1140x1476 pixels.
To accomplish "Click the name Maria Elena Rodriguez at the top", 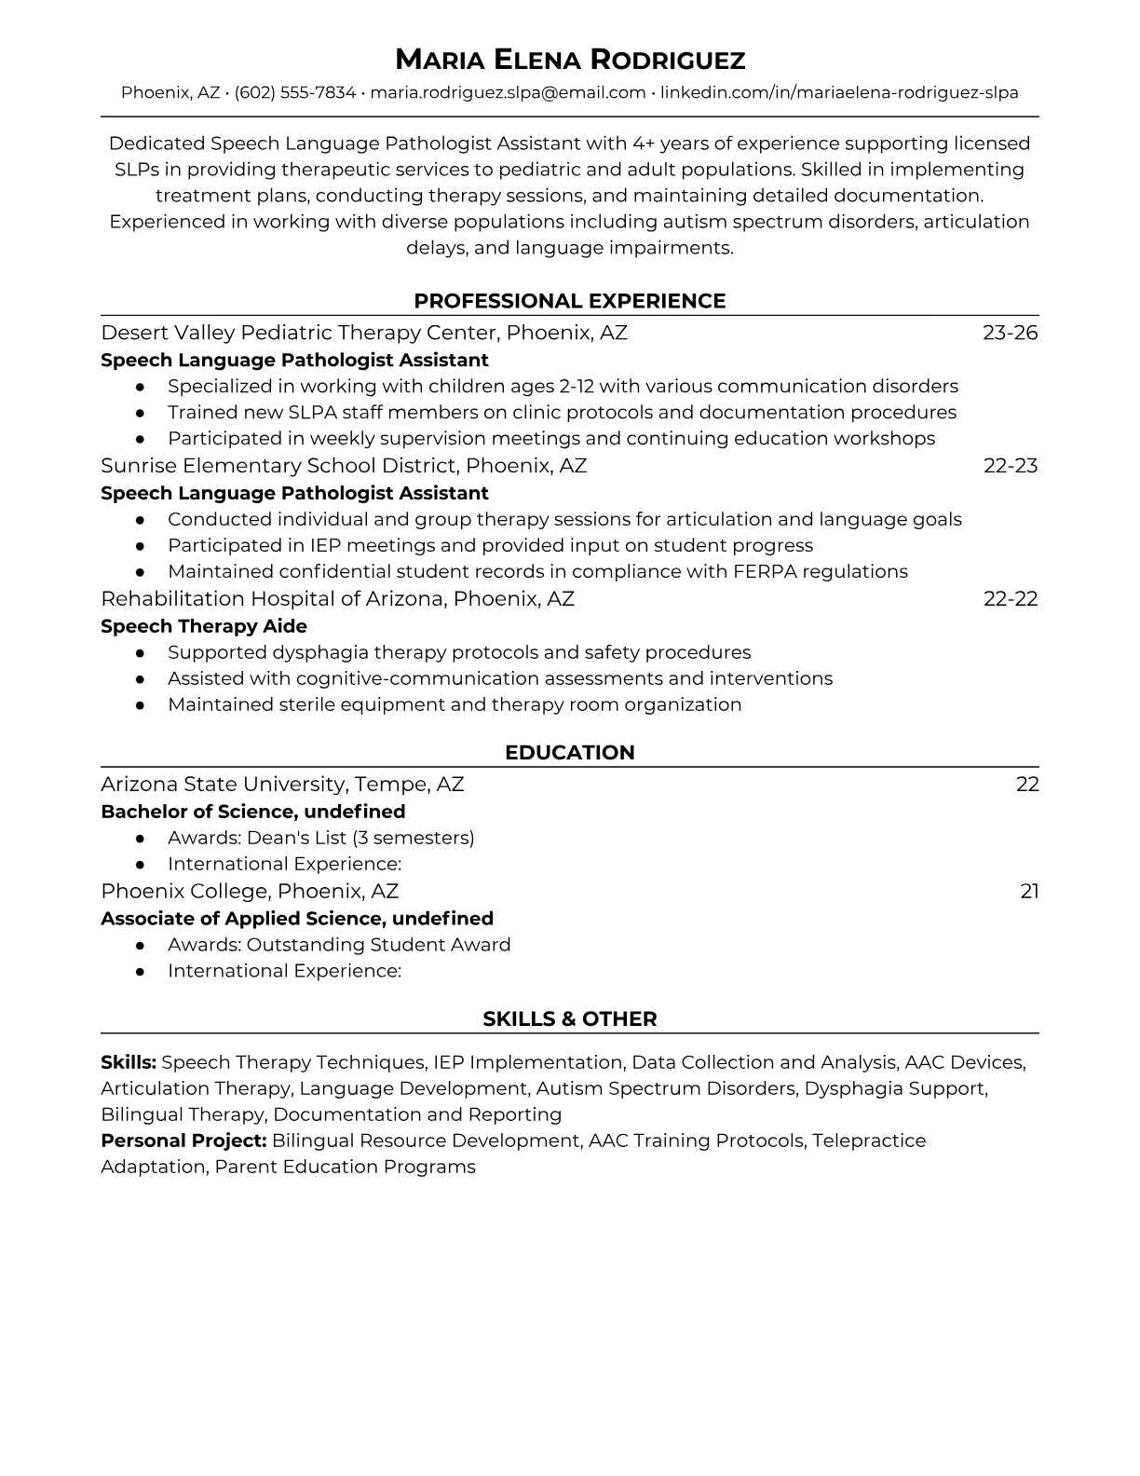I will coord(570,61).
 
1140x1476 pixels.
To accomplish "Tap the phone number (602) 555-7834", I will coord(295,92).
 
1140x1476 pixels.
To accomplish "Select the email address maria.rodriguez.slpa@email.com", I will coord(508,92).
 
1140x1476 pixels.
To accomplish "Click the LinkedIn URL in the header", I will coord(839,92).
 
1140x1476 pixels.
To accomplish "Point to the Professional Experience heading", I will coord(570,301).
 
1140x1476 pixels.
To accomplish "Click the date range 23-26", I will coord(1010,333).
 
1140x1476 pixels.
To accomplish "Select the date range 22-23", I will coord(1010,466).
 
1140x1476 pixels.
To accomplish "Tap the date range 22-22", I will coord(1010,599).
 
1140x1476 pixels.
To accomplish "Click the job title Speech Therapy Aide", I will coord(204,626).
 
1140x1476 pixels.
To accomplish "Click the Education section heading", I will coord(570,753).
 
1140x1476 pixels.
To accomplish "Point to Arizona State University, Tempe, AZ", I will coord(282,785).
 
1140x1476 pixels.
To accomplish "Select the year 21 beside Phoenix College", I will coord(1029,892).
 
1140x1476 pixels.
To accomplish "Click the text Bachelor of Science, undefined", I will coord(253,812).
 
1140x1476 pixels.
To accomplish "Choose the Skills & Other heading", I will coord(570,1019).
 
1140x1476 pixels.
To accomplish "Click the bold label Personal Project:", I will coord(183,1141).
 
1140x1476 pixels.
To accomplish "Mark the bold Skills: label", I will coord(129,1062).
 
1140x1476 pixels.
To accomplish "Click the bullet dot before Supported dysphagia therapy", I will coord(140,652).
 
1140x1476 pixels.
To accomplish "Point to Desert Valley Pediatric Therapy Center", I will coord(364,333).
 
